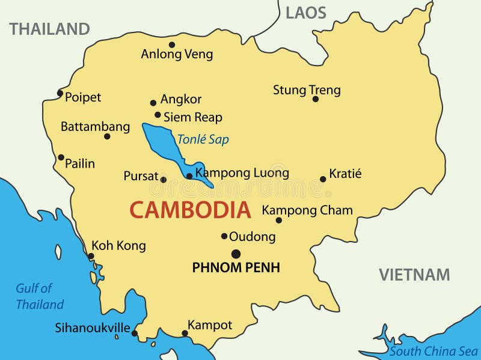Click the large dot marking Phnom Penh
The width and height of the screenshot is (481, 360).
pyautogui.click(x=236, y=254)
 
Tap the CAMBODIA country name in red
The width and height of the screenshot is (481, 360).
pyautogui.click(x=190, y=210)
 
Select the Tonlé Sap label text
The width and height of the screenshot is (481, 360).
pyautogui.click(x=203, y=139)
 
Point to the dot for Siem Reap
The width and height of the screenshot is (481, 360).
pyautogui.click(x=158, y=115)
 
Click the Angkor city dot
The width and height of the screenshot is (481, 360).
pyautogui.click(x=153, y=103)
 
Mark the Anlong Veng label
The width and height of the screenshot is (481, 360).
pyautogui.click(x=177, y=54)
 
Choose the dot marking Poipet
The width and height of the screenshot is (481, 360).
pyautogui.click(x=60, y=93)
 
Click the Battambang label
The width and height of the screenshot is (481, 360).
pyautogui.click(x=95, y=127)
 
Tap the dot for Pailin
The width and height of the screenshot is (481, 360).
pyautogui.click(x=61, y=157)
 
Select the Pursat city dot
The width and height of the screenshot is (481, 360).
pyautogui.click(x=164, y=179)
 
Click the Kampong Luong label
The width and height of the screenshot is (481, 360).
pyautogui.click(x=242, y=173)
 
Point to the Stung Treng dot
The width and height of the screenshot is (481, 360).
pyautogui.click(x=315, y=99)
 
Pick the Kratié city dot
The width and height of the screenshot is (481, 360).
pyautogui.click(x=323, y=178)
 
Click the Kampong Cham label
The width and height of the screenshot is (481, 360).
pyautogui.click(x=307, y=210)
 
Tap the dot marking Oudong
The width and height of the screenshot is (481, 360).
pyautogui.click(x=224, y=236)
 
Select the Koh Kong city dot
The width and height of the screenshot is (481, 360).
pyautogui.click(x=91, y=256)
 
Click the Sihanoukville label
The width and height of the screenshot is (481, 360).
pyautogui.click(x=93, y=328)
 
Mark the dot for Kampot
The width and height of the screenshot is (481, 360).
pyautogui.click(x=185, y=333)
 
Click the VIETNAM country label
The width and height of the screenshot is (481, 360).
pyautogui.click(x=414, y=275)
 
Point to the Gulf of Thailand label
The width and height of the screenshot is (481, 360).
pyautogui.click(x=39, y=296)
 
